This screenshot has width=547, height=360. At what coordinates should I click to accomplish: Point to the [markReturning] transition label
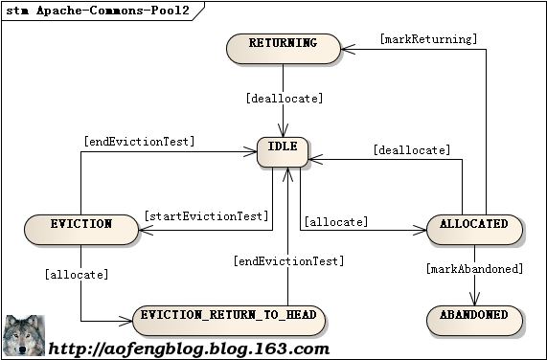[x=427, y=40]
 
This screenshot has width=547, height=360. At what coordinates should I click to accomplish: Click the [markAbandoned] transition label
[x=473, y=269]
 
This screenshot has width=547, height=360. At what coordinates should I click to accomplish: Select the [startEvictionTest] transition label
[x=206, y=216]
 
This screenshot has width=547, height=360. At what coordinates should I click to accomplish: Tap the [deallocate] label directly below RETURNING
[x=285, y=99]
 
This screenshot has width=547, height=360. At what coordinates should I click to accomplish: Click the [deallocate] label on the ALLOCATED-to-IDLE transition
[x=411, y=150]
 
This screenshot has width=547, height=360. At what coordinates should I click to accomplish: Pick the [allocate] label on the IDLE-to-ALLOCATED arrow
[x=336, y=222]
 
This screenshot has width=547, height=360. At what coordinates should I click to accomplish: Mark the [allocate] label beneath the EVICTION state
[x=77, y=275]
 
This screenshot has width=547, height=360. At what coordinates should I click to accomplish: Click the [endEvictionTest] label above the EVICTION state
[x=140, y=142]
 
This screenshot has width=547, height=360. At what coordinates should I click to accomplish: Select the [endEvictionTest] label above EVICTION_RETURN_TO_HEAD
[x=288, y=260]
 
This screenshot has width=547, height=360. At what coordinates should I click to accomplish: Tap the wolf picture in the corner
[x=23, y=336]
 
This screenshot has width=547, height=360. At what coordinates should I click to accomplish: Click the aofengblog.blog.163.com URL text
[x=189, y=349]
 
